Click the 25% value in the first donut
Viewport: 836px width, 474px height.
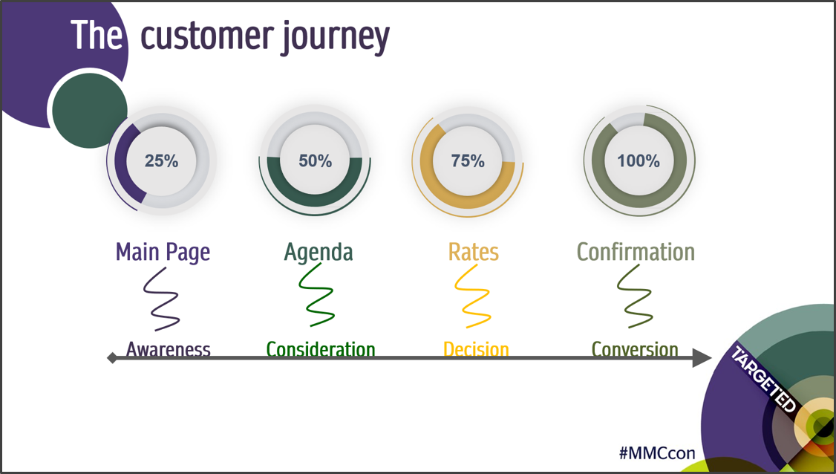162,160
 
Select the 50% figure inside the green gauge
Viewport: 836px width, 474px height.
315,160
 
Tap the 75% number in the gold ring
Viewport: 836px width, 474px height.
468,160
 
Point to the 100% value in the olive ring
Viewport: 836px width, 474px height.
639,160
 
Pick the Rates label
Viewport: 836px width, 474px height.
474,252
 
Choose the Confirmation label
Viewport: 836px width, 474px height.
636,252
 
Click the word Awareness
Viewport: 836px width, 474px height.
169,350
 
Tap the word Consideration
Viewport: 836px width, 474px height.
321,350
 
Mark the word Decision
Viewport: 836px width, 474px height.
476,350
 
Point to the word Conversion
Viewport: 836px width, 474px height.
635,350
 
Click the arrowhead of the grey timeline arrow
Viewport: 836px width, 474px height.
702,357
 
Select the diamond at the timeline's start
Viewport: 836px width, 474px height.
112,357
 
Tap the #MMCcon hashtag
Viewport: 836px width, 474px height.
657,453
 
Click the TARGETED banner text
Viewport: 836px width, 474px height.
763,380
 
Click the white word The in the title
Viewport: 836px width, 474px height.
96,35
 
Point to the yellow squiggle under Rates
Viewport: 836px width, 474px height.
472,296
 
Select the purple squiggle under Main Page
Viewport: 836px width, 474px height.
161,299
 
